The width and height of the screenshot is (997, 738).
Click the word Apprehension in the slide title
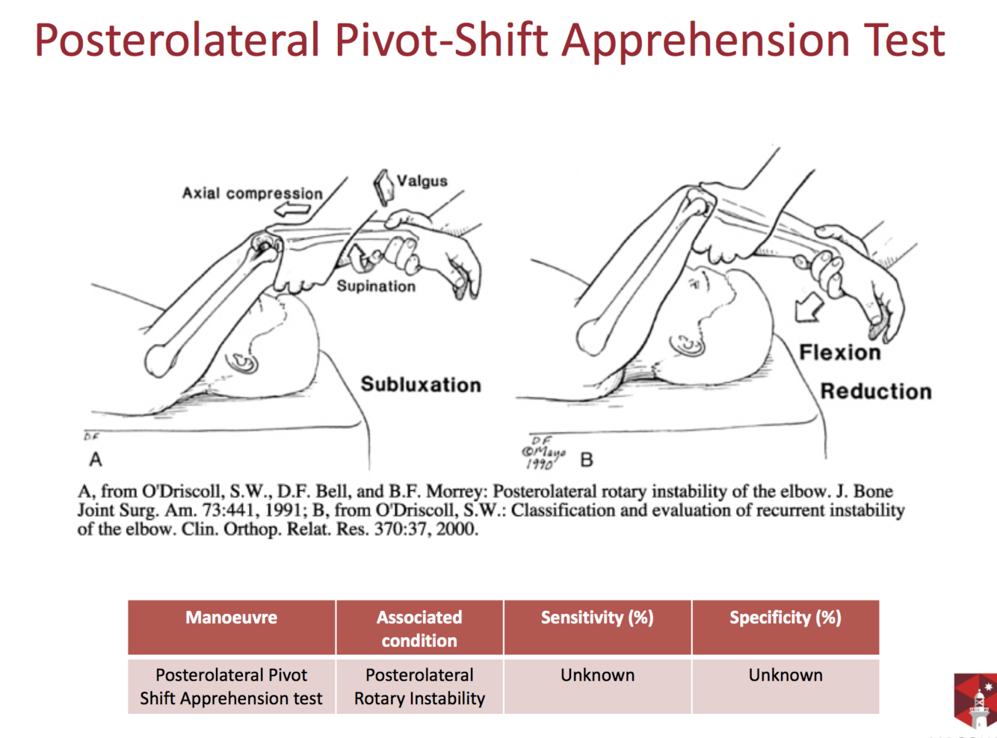click(706, 40)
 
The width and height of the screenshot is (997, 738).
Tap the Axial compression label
click(252, 194)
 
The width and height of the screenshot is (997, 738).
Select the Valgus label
click(422, 181)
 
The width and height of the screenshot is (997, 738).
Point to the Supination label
click(375, 286)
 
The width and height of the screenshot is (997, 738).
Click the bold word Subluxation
click(421, 384)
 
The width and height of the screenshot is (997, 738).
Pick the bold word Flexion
click(839, 352)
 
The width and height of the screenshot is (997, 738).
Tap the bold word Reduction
click(875, 391)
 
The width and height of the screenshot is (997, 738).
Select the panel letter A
click(96, 458)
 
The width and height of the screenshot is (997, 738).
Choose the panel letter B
click(587, 459)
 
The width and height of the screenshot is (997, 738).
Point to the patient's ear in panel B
click(688, 345)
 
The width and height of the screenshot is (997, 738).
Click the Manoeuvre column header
click(231, 618)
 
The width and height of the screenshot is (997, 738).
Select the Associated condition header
click(419, 628)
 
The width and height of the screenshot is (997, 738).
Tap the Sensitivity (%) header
click(597, 618)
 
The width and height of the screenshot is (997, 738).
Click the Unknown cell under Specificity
click(785, 675)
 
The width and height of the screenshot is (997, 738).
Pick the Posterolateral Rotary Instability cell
click(419, 686)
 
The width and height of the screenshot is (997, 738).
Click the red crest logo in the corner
click(975, 700)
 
